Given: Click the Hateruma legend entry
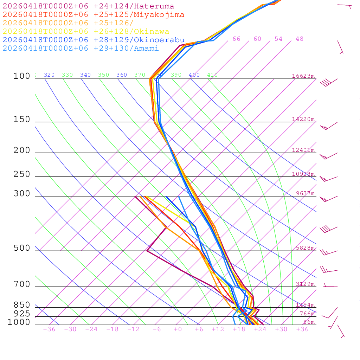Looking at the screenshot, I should pos(88,6).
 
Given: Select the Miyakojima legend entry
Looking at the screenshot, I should pos(94,15).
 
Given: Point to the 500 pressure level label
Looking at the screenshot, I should pos(22,248).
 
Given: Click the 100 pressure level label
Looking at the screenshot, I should pos(22,76).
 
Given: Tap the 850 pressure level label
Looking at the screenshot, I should pos(22,305).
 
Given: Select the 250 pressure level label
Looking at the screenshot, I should pos(22,174).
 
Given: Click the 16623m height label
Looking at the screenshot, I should pos(303,76).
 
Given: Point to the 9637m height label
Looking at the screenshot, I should pos(305,193).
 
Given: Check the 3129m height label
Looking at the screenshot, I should pos(305,284).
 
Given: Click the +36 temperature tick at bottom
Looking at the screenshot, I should pos(302,329).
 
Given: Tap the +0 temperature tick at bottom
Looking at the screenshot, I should pos(178,329).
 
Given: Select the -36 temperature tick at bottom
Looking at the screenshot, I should pos(49,329).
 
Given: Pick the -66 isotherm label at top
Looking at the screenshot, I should pos(234,39).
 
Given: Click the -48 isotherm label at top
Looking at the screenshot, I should pos(297,39).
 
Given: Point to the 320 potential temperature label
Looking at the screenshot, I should pos(49,75).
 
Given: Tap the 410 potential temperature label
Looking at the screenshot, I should pos(212,75).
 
